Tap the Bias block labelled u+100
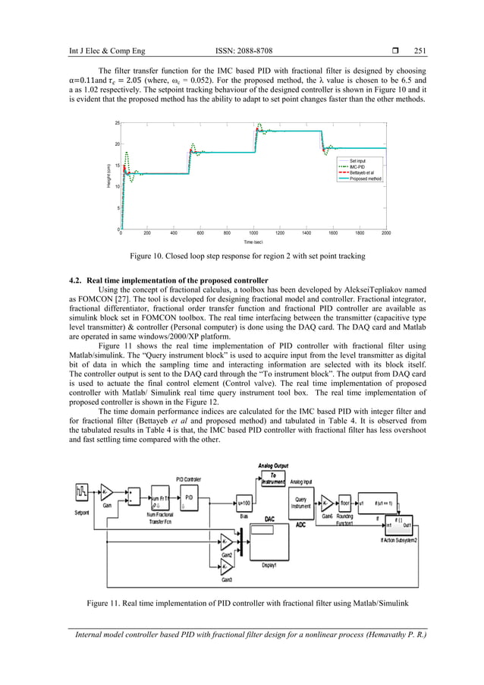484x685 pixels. pyautogui.click(x=244, y=502)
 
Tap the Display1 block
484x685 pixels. pyautogui.click(x=270, y=541)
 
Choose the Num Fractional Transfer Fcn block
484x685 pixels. pyautogui.click(x=158, y=497)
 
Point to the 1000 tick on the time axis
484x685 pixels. pyautogui.click(x=253, y=234)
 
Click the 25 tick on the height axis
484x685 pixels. pyautogui.click(x=117, y=123)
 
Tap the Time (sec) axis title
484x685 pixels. pyautogui.click(x=253, y=242)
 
